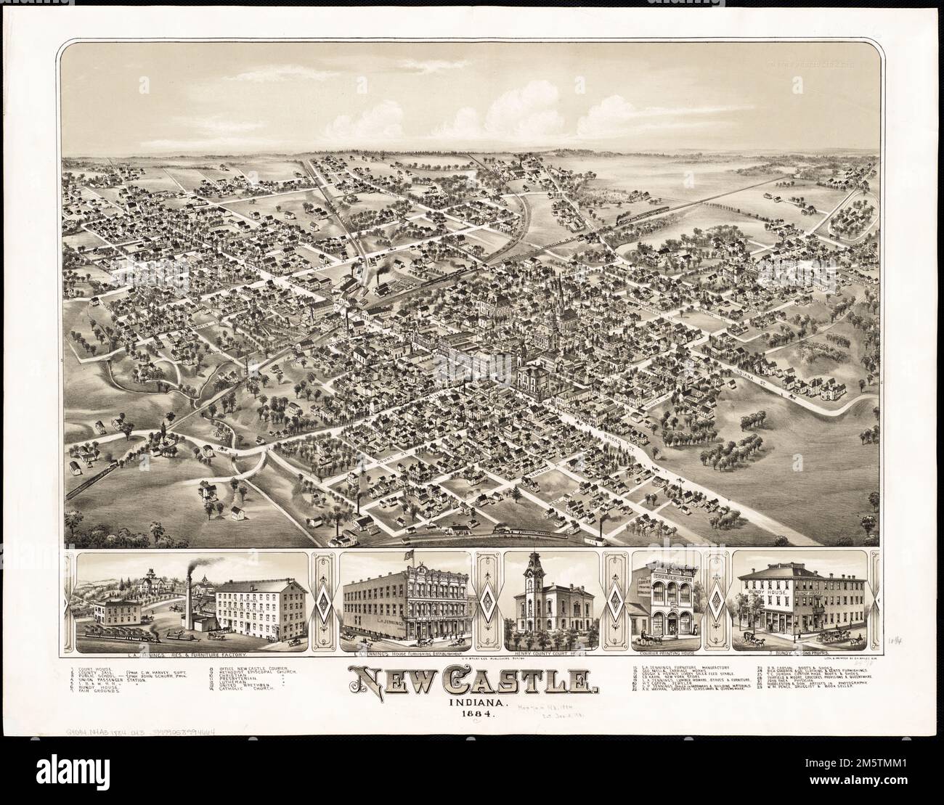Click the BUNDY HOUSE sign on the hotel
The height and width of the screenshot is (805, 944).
click(x=760, y=593)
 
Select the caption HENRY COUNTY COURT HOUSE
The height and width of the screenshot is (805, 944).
click(x=552, y=654)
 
